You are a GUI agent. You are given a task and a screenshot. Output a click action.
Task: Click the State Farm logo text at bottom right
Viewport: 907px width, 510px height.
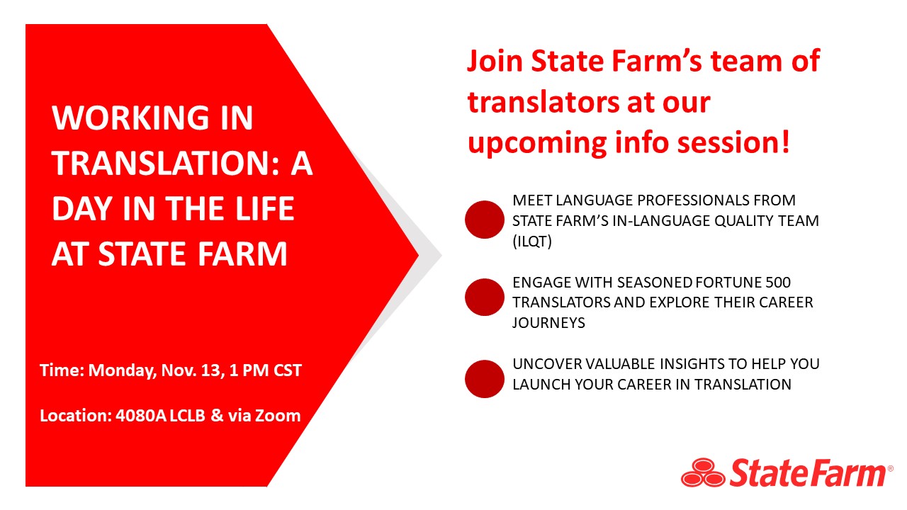807,472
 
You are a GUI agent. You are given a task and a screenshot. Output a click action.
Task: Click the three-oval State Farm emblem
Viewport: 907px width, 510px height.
703,473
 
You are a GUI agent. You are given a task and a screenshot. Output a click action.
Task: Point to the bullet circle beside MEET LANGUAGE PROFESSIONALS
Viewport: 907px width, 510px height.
484,220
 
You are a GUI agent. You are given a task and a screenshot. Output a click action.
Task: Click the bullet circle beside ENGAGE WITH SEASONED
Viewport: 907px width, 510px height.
484,297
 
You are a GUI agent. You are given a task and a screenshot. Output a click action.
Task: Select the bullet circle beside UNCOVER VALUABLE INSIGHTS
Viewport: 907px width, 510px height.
484,379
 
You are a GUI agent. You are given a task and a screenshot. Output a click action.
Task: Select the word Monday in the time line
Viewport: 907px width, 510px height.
117,370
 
